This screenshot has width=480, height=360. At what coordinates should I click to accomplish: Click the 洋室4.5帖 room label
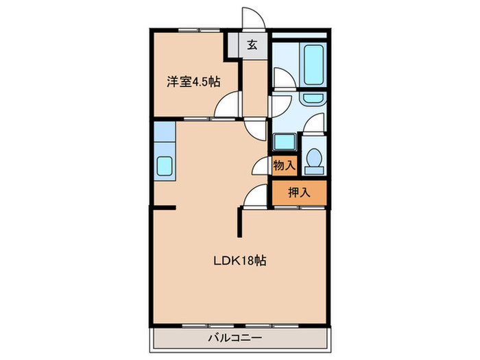point(193,82)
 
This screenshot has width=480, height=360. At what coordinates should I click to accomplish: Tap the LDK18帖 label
point(239,261)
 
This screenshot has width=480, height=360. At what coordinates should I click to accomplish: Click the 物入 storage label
point(284,165)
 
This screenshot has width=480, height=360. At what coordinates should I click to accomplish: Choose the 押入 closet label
point(299,193)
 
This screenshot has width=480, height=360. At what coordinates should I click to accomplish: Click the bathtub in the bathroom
point(314,66)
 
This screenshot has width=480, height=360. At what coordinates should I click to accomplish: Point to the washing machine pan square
point(284,142)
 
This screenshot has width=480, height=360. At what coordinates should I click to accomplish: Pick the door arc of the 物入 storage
point(261,166)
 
